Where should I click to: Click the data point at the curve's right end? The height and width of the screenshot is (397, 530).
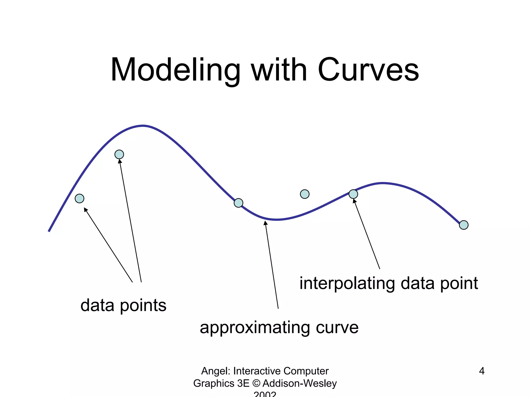click(463, 225)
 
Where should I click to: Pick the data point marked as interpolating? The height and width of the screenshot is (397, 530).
click(353, 194)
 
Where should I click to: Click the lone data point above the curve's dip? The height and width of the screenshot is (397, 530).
click(305, 194)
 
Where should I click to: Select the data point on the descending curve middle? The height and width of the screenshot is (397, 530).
click(238, 203)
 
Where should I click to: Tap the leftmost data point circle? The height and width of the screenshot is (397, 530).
click(79, 198)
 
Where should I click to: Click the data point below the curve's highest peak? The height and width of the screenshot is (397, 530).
click(119, 154)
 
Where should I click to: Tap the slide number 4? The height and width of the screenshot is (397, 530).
click(482, 371)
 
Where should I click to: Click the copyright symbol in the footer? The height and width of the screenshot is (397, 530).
click(256, 383)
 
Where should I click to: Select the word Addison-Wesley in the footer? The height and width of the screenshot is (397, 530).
click(299, 383)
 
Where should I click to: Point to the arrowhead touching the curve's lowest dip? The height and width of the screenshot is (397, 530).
click(265, 223)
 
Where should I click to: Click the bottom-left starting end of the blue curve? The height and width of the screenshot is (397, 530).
click(49, 231)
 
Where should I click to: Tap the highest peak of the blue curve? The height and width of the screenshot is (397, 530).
click(143, 126)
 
